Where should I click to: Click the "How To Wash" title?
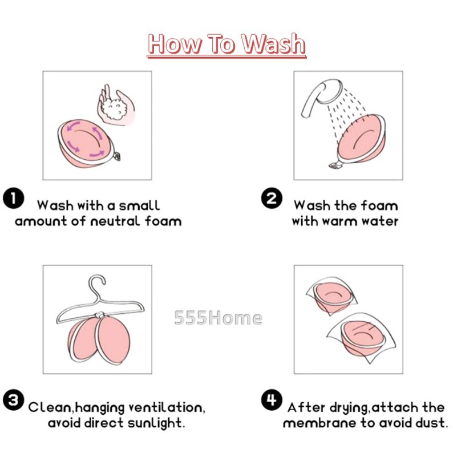click(x=226, y=44)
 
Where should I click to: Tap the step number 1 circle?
click(x=13, y=198)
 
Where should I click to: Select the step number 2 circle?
click(x=272, y=198)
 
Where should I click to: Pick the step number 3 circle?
click(x=13, y=400)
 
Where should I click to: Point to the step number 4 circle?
click(x=272, y=400)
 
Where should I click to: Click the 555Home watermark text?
click(x=219, y=318)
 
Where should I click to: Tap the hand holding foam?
click(x=116, y=106)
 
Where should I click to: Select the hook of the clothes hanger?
click(x=97, y=285)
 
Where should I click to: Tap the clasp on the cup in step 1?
click(x=116, y=156)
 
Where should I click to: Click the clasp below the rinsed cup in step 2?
click(x=334, y=165)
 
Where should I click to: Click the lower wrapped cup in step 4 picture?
click(x=362, y=338)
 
